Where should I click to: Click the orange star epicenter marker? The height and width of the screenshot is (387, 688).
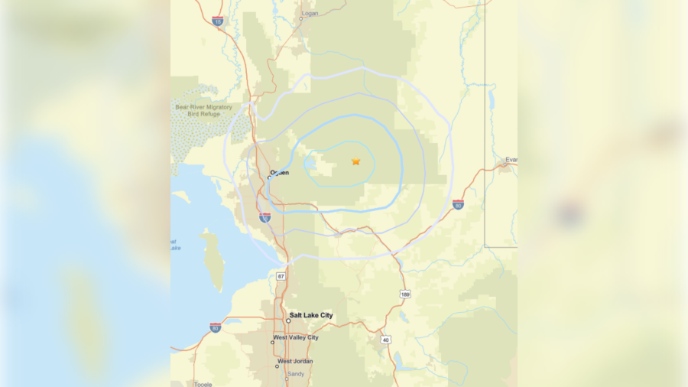pyautogui.click(x=355, y=161)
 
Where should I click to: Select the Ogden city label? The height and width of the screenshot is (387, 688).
pyautogui.click(x=280, y=172)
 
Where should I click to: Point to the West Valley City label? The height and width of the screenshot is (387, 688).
pyautogui.click(x=297, y=337)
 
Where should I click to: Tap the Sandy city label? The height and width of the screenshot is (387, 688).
pyautogui.click(x=295, y=373)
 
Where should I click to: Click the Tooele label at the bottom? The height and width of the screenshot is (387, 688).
pyautogui.click(x=203, y=383)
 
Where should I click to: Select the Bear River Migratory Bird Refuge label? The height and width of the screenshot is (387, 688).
pyautogui.click(x=203, y=111)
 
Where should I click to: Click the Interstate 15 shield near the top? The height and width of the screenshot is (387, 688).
pyautogui.click(x=218, y=21)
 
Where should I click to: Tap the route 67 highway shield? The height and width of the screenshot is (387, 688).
pyautogui.click(x=281, y=275)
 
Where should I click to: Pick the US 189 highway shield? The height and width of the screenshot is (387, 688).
pyautogui.click(x=404, y=294)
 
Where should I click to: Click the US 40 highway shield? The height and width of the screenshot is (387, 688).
pyautogui.click(x=385, y=340)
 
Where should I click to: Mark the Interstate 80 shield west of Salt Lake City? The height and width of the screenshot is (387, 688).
pyautogui.click(x=216, y=327)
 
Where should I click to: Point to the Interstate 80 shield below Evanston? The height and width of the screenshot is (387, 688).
pyautogui.click(x=458, y=204)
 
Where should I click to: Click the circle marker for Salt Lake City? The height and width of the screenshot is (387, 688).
pyautogui.click(x=288, y=320)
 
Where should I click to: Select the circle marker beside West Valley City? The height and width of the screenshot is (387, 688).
pyautogui.click(x=273, y=342)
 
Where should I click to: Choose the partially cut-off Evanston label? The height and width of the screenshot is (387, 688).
pyautogui.click(x=511, y=160)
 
